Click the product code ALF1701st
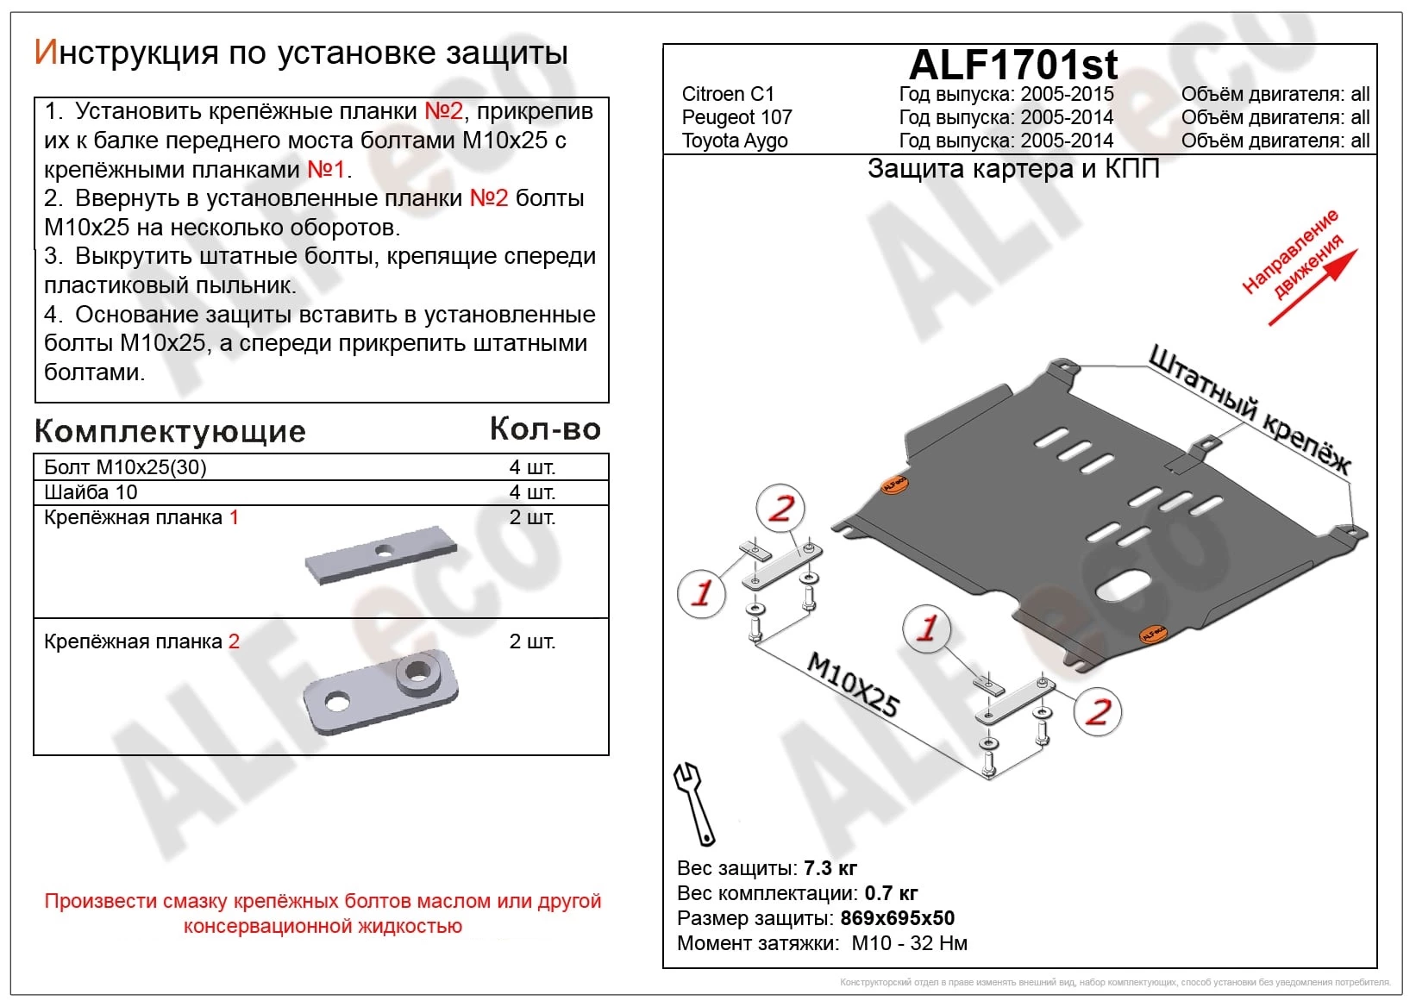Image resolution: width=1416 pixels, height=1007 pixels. coord(1013,65)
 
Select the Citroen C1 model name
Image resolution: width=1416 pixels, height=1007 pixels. coord(728,94)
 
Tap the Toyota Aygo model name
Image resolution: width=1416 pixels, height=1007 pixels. coord(735,141)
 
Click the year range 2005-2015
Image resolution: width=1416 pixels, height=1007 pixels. coord(1067,94)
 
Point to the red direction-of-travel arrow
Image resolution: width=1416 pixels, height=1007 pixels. coord(1313,288)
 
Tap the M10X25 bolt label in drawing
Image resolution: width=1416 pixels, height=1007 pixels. coord(852,685)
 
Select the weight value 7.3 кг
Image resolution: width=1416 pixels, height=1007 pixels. coord(830,868)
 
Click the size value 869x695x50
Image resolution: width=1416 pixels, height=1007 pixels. coord(897,918)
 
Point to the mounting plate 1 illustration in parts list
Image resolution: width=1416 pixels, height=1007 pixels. coord(380,556)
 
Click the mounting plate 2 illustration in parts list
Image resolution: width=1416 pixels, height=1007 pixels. coord(380,690)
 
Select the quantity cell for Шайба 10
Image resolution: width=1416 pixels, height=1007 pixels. coord(531,492)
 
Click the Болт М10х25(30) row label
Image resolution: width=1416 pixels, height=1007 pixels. coord(125,467)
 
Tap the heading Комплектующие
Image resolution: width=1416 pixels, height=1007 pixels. coord(170,431)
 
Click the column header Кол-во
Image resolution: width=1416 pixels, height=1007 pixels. coord(544,428)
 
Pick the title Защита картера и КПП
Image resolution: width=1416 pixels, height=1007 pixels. coord(1013,169)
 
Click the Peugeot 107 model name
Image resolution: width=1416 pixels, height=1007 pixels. coord(736,117)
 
